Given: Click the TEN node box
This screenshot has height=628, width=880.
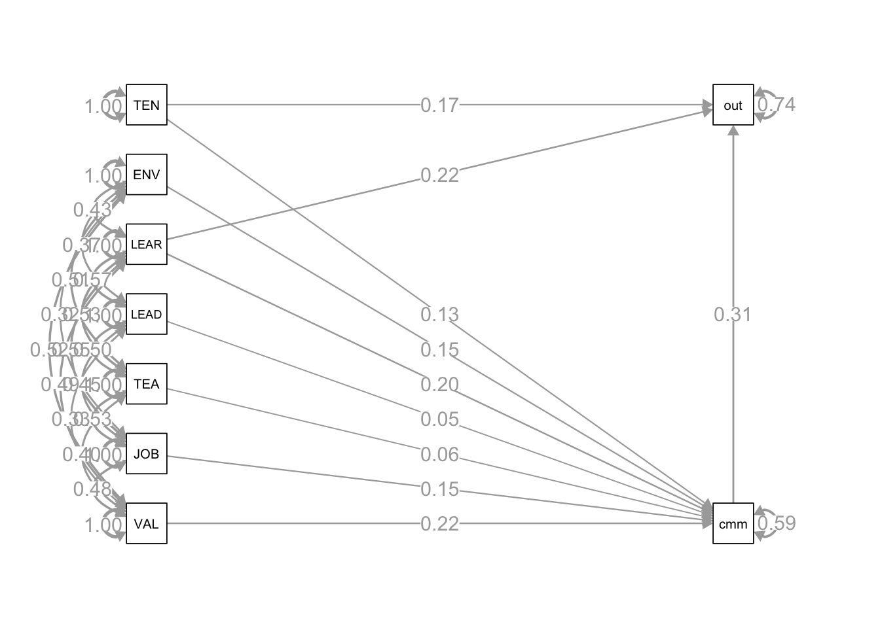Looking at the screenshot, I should (147, 105).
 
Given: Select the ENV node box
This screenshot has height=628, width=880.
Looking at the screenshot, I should (147, 175).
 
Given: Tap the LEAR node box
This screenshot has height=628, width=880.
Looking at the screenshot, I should (147, 245).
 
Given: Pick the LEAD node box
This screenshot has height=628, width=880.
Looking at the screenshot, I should (147, 314).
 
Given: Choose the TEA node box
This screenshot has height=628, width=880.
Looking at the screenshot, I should (147, 384).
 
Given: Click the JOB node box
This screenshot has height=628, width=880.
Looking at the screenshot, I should (147, 454).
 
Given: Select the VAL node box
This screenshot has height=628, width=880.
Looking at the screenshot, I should (147, 523).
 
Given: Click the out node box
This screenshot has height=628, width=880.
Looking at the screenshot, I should (733, 105).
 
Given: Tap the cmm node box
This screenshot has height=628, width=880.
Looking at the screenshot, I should (733, 523).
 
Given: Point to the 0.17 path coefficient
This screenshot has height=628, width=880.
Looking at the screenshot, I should (439, 105).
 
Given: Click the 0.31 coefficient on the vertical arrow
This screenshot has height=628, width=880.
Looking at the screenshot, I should (733, 315).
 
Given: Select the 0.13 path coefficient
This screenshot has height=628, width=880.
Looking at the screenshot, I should (439, 315).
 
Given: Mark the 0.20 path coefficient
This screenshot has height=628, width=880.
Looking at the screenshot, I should (439, 385).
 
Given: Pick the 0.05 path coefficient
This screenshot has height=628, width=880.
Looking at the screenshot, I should (439, 419).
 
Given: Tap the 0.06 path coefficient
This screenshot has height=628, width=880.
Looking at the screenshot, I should (439, 455).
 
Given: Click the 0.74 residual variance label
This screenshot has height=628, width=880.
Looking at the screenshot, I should (777, 105).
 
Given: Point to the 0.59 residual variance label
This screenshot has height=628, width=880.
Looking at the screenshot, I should (777, 523).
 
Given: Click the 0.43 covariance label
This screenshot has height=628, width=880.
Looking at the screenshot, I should (92, 210).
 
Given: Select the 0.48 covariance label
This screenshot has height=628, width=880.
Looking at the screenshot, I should (92, 489).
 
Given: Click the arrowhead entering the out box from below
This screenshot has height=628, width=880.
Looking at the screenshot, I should (733, 130).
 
